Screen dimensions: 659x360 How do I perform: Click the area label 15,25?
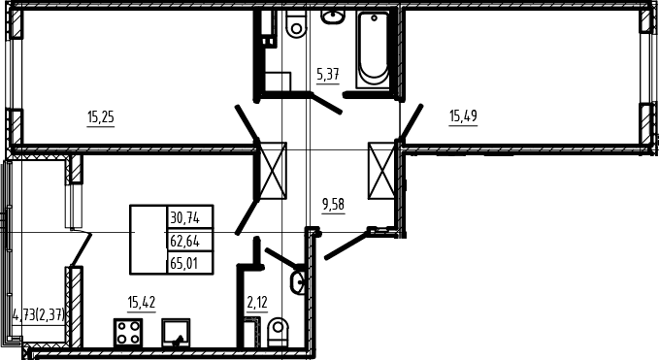click(x=101, y=116)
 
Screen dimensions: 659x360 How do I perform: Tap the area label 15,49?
click(x=463, y=115)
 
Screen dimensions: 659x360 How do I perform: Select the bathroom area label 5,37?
click(x=328, y=75)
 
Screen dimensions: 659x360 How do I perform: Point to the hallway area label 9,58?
click(x=333, y=205)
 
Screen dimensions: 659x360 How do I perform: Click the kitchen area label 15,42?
click(x=142, y=302)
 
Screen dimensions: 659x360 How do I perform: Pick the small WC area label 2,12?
click(x=257, y=302)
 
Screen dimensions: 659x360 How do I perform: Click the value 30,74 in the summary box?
click(x=185, y=218)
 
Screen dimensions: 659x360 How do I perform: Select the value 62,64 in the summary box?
click(x=185, y=242)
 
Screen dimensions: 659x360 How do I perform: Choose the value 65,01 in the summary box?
click(x=184, y=264)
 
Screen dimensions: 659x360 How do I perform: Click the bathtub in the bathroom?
click(x=373, y=50)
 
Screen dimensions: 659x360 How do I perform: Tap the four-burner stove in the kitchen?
click(x=128, y=333)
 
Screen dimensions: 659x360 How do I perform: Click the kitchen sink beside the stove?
click(x=176, y=333)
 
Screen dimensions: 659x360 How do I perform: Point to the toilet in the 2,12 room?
click(x=278, y=332)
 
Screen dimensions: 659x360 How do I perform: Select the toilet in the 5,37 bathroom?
click(x=296, y=23)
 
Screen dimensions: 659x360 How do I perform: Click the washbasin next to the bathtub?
click(x=333, y=16)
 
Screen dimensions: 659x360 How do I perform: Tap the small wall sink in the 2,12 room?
click(x=297, y=280)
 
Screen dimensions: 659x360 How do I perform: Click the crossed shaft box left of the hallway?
click(x=273, y=171)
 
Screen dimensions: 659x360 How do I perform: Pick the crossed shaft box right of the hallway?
click(x=381, y=171)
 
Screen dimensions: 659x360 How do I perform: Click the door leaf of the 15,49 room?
click(x=411, y=122)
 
